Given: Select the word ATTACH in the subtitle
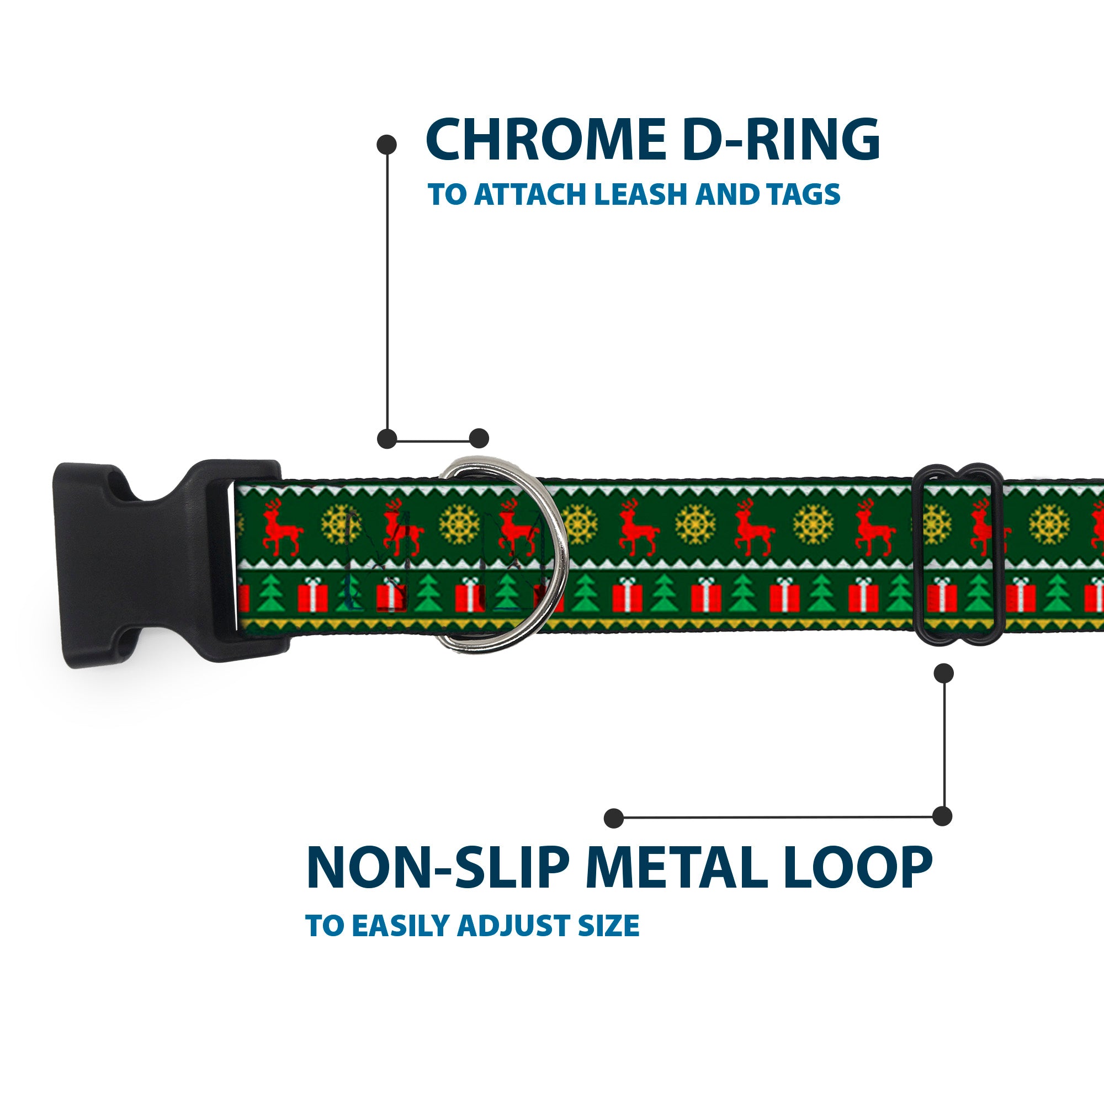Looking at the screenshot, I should coord(532,195).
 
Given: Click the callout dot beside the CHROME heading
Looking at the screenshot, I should coord(387,144).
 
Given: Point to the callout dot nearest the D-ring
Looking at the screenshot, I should coord(479,439).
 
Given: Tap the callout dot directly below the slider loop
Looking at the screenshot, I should coord(943,673).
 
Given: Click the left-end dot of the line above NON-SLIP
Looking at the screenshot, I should coord(614,818).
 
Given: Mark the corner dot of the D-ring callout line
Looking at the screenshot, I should coord(388,439).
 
